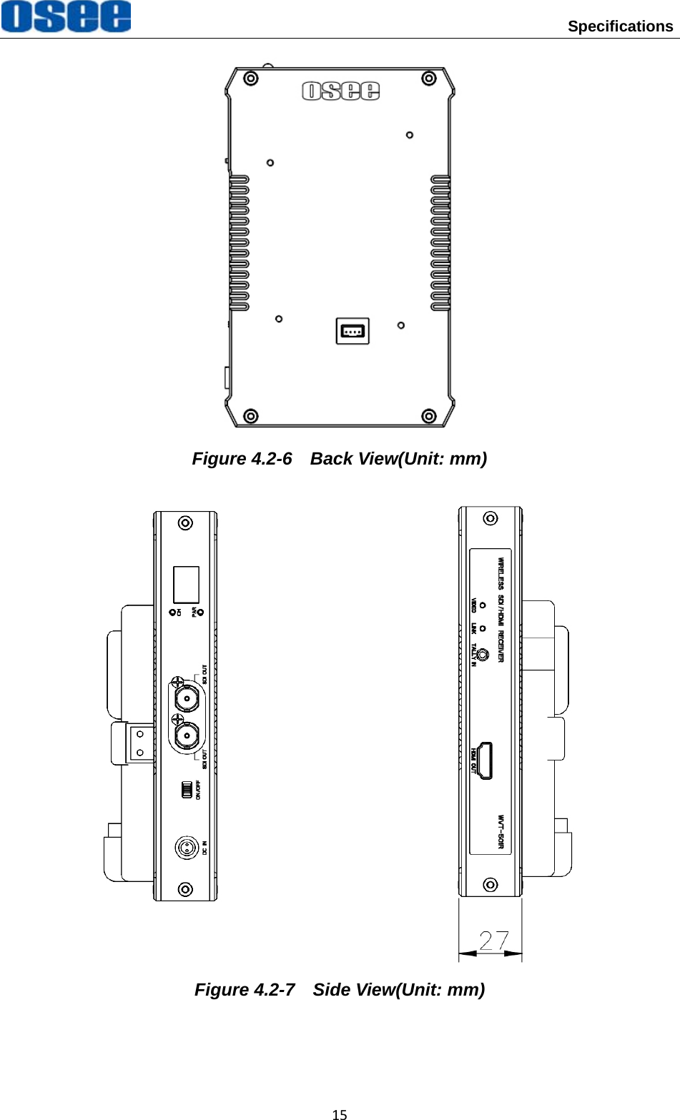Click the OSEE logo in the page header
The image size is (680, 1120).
[66, 17]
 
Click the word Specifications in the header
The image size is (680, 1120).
[620, 26]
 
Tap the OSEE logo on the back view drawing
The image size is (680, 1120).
[340, 91]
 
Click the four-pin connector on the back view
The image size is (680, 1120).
[353, 331]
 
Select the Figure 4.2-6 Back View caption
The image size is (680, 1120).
[340, 459]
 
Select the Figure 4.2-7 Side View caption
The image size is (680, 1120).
[340, 990]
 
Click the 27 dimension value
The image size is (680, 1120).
[494, 941]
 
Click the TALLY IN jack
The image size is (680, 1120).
[483, 654]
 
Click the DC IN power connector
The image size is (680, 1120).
[187, 848]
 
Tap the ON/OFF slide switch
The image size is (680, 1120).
[187, 790]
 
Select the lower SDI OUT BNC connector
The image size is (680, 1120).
[187, 734]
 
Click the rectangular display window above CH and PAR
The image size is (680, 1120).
[186, 584]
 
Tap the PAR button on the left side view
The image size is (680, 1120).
[200, 613]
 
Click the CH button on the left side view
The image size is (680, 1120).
[172, 613]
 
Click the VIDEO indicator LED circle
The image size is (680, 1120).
[483, 605]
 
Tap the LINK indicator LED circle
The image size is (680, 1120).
[483, 628]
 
